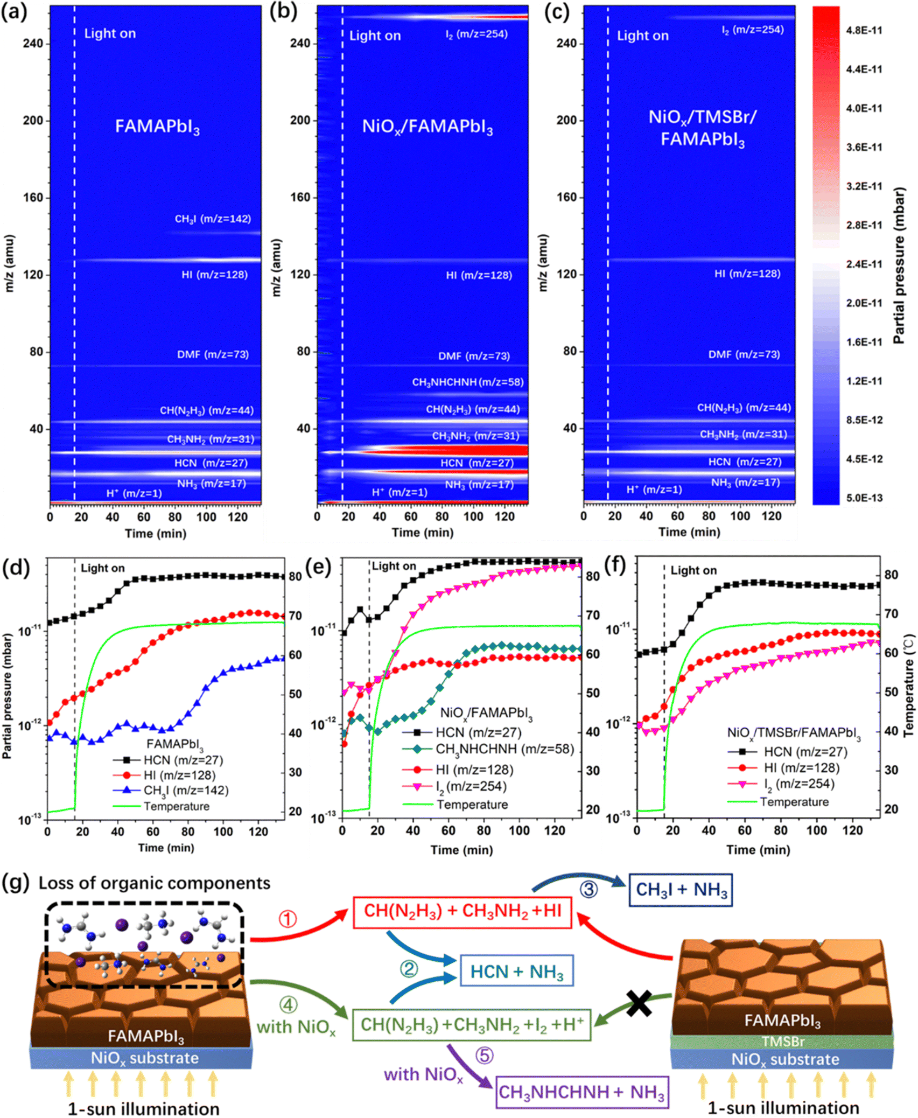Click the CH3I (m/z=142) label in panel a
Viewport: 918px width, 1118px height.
pos(213,219)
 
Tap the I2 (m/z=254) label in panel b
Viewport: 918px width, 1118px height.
pos(476,34)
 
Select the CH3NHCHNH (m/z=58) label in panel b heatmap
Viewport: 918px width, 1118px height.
pos(467,382)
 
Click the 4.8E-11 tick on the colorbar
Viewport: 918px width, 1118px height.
pos(864,31)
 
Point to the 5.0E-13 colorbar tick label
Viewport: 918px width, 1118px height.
pos(864,498)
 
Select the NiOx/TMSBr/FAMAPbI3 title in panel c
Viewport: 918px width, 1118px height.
pos(702,128)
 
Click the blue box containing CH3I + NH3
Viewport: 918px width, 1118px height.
pos(681,890)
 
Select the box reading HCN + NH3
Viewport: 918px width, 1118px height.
pos(516,971)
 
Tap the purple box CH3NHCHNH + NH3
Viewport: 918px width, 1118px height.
pos(581,1092)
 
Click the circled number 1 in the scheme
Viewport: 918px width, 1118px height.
pos(288,919)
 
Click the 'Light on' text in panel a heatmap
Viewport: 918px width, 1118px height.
pos(110,34)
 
